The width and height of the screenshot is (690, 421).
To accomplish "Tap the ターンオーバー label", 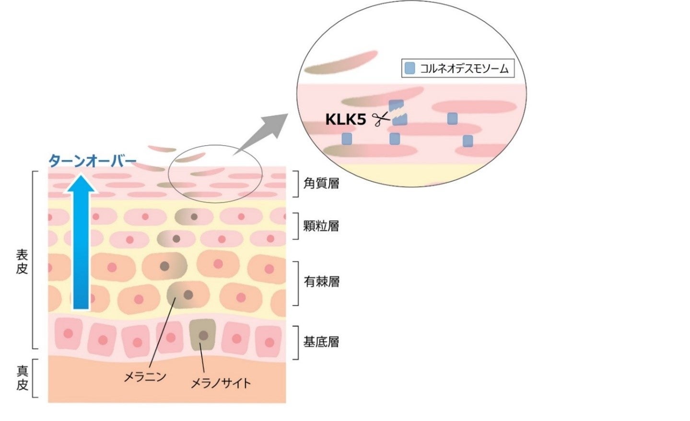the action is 93,161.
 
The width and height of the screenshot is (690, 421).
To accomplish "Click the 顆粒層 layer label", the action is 321,225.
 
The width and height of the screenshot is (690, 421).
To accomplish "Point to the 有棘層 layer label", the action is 321,281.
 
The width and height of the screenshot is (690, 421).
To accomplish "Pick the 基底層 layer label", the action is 321,342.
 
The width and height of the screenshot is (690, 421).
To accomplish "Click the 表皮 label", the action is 22,261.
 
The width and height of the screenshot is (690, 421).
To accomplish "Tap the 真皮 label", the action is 22,378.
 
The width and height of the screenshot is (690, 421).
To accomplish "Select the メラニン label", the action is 145,377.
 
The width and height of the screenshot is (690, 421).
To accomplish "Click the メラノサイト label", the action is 221,383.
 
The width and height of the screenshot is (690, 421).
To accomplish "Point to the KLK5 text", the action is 346,119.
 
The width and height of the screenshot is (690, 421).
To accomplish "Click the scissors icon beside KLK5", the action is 381,119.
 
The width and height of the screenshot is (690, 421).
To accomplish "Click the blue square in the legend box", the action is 409,69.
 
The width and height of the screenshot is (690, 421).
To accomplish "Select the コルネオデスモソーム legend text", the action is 464,69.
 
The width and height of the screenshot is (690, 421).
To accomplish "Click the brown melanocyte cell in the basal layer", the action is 203,335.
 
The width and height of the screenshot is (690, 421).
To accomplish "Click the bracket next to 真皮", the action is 35,378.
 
